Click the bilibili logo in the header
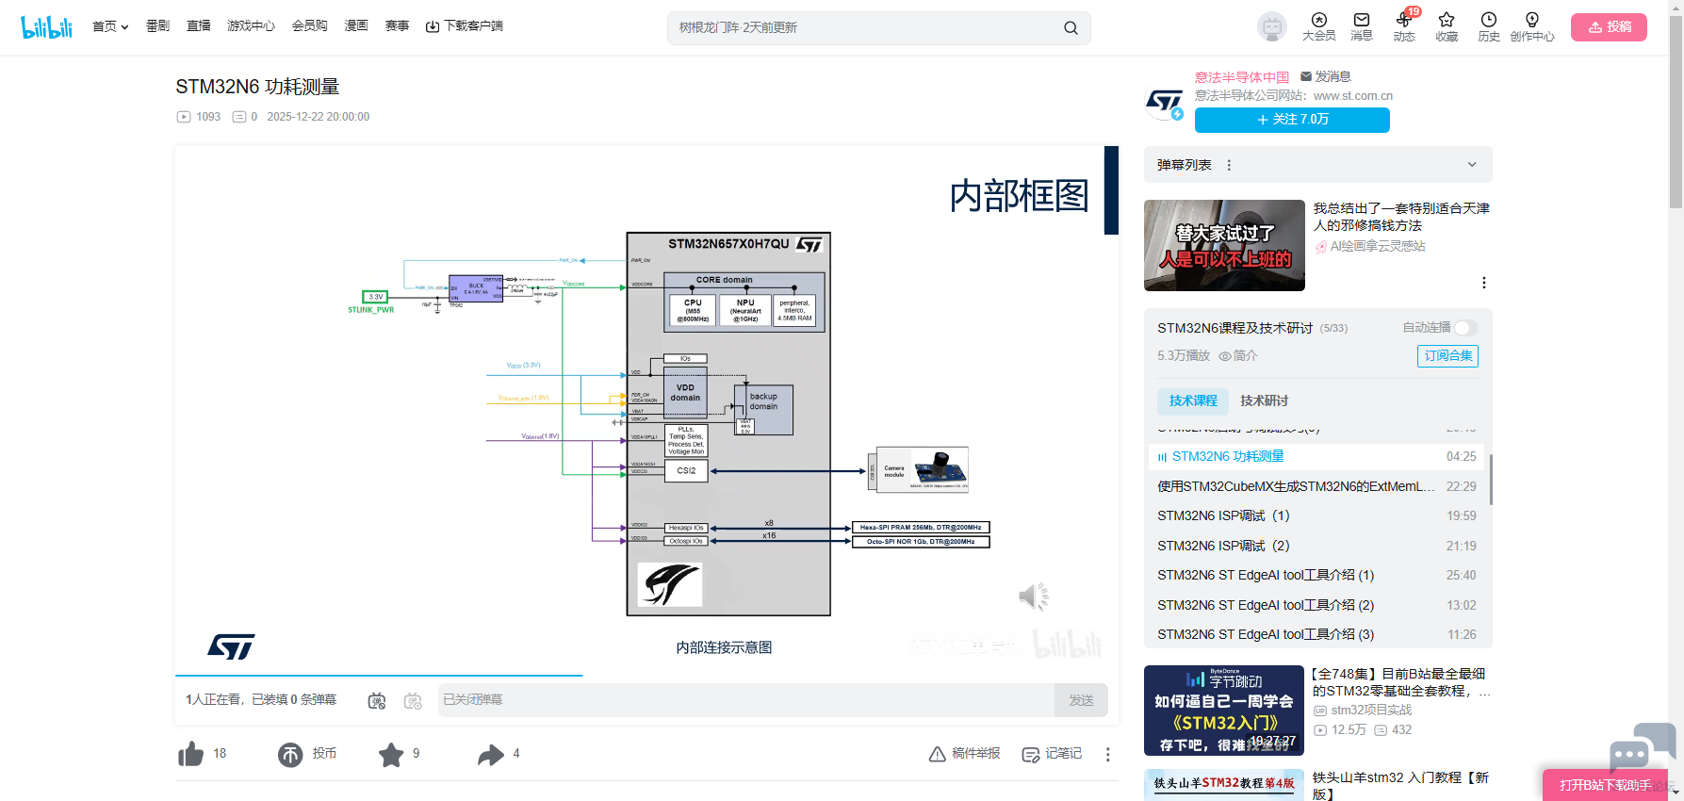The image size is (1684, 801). [46, 27]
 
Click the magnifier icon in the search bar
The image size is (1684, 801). [1071, 28]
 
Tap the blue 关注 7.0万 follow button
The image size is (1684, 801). [1291, 120]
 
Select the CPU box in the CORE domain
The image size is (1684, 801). [693, 310]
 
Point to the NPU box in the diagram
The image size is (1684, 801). [745, 310]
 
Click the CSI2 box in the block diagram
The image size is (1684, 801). [686, 470]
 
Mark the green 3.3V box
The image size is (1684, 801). [375, 297]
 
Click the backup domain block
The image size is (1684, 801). [764, 409]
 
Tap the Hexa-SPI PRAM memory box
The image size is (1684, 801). [921, 528]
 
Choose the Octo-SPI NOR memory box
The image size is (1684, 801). [921, 542]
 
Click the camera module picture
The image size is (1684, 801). [922, 469]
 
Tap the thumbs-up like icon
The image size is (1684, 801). [191, 754]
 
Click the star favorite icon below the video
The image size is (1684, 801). [391, 754]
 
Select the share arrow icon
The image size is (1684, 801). [491, 754]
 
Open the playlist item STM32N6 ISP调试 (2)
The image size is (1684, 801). [1223, 546]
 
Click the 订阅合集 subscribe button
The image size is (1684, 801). [1447, 356]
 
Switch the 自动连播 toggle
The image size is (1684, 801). [1465, 328]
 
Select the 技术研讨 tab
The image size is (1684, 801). [1264, 400]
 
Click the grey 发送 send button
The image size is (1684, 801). [1081, 700]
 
